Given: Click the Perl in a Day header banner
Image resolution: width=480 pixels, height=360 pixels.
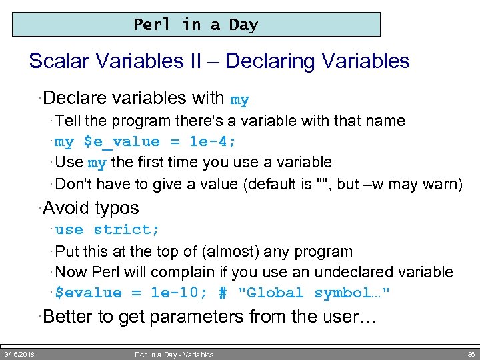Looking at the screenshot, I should (196, 25).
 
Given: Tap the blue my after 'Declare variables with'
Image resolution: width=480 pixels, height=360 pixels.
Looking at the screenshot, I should (239, 100).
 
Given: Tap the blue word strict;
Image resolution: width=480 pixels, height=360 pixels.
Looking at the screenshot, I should (127, 229).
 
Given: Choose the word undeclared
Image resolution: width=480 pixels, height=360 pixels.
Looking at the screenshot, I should (354, 272).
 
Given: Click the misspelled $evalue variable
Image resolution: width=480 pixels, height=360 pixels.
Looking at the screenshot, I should (89, 293).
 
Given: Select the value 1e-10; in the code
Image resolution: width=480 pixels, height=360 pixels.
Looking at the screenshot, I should (179, 293).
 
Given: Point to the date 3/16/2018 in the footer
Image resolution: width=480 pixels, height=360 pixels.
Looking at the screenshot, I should (19, 355).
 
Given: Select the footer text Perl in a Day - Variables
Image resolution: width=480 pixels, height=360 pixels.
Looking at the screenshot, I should (174, 355).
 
